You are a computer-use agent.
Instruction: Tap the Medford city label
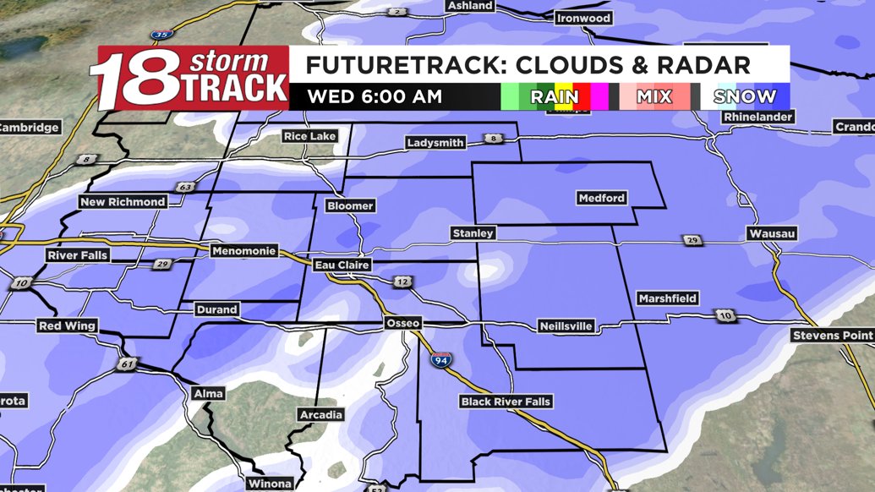point(602,199)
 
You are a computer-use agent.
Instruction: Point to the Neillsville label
point(566,326)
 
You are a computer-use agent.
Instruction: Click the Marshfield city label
point(668,298)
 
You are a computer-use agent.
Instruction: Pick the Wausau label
point(772,233)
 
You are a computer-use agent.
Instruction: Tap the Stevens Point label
point(832,336)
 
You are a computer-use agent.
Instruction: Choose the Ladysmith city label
point(435,143)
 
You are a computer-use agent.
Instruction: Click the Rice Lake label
point(309,136)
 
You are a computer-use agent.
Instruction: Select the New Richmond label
point(122,202)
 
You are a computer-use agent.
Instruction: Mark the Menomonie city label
point(240,251)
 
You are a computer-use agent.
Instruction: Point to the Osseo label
point(402,323)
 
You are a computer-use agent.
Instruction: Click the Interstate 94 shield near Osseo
point(440,358)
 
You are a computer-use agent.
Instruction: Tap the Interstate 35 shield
point(161,34)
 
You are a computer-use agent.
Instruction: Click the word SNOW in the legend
point(744,96)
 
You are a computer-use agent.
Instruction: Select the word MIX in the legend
point(654,96)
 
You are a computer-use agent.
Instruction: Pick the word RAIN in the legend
point(555,96)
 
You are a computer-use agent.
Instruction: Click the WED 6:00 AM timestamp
point(375,96)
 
